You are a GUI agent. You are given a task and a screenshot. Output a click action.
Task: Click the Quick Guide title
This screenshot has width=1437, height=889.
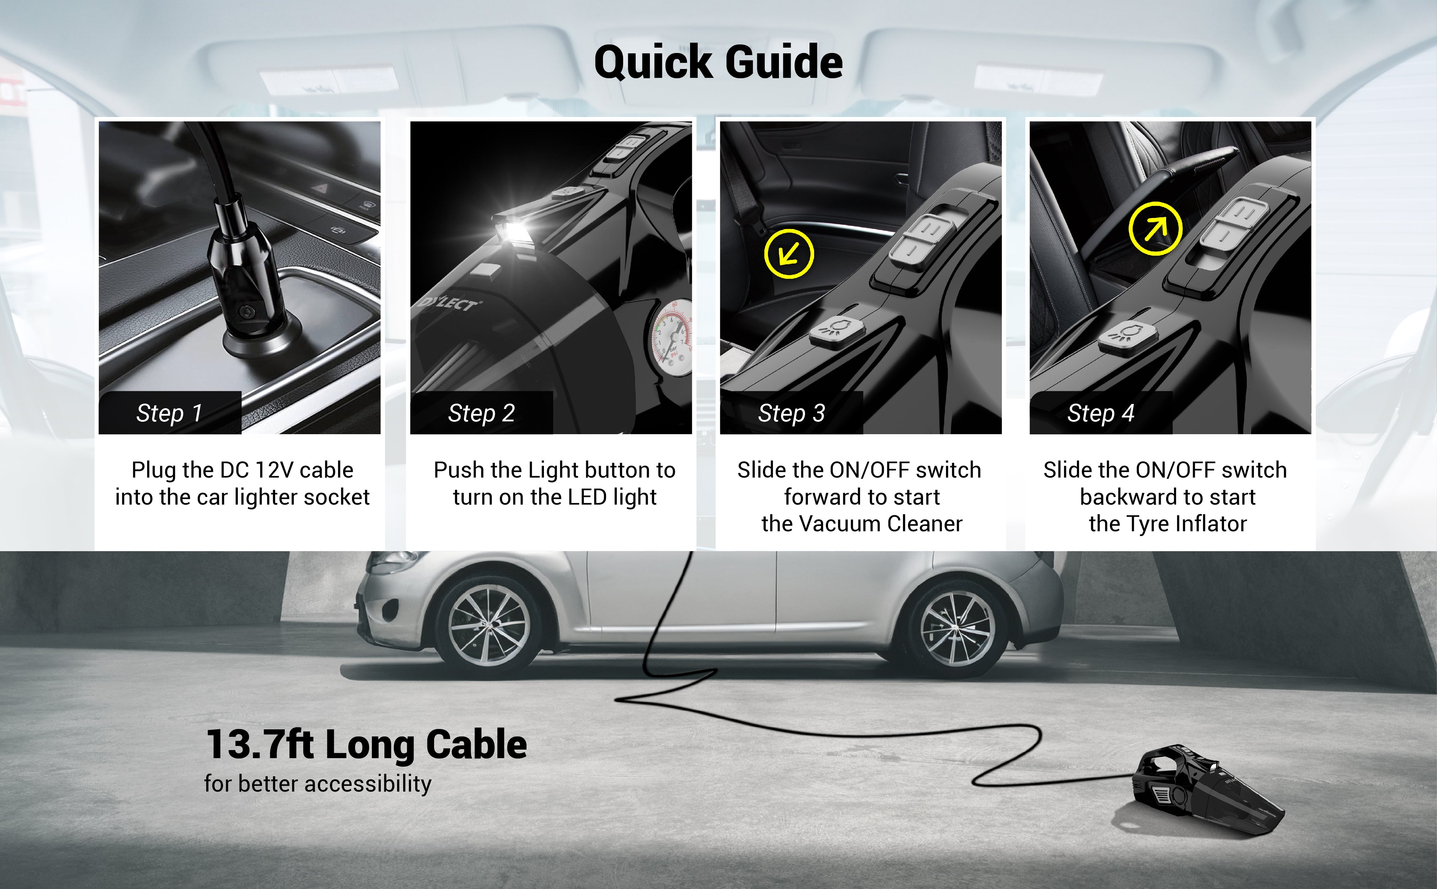(x=718, y=62)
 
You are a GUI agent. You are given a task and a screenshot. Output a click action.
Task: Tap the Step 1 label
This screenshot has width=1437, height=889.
(x=169, y=413)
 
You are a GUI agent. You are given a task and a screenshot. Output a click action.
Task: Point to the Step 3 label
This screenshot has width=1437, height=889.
(x=791, y=413)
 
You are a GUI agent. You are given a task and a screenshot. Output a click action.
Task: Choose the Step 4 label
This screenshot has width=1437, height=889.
(x=1100, y=413)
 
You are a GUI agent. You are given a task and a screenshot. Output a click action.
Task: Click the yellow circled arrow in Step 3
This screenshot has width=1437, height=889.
(x=789, y=254)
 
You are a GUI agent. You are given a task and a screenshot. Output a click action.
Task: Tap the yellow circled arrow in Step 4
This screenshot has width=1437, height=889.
(x=1154, y=229)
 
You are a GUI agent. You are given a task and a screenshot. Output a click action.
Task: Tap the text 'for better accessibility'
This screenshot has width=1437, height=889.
(x=317, y=784)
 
